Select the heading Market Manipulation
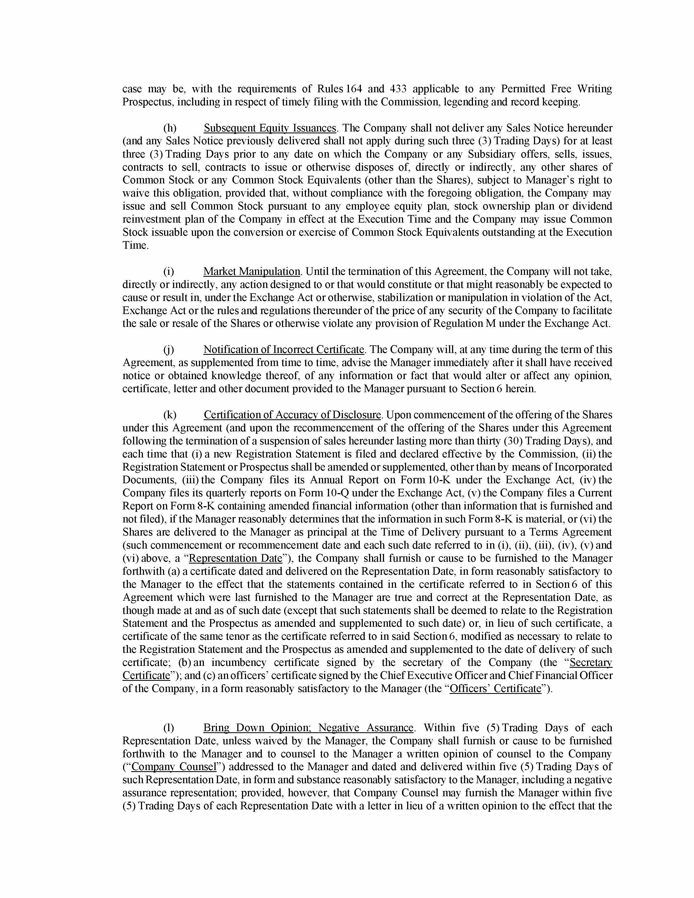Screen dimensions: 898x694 click(x=252, y=271)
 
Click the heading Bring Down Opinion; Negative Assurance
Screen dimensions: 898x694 click(x=308, y=727)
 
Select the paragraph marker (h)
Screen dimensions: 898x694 click(x=170, y=128)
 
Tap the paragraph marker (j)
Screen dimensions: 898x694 click(x=168, y=349)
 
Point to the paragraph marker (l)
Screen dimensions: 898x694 click(x=168, y=727)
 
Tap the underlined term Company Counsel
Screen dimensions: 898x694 click(x=174, y=766)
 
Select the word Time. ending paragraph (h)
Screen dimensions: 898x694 click(x=135, y=245)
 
